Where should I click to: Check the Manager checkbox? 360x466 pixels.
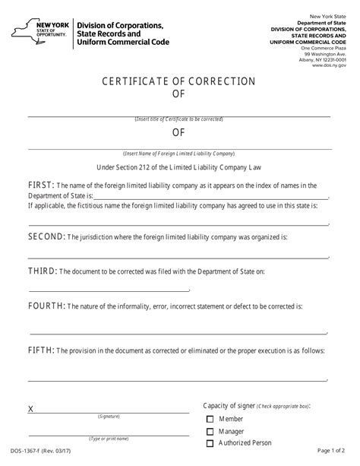click(210, 432)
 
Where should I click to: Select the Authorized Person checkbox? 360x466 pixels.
click(210, 443)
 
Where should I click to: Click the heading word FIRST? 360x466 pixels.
click(19, 185)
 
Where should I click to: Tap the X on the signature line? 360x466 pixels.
click(30, 409)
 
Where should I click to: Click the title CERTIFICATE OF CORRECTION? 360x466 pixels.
click(179, 81)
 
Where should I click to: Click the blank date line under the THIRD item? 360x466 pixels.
click(109, 290)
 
